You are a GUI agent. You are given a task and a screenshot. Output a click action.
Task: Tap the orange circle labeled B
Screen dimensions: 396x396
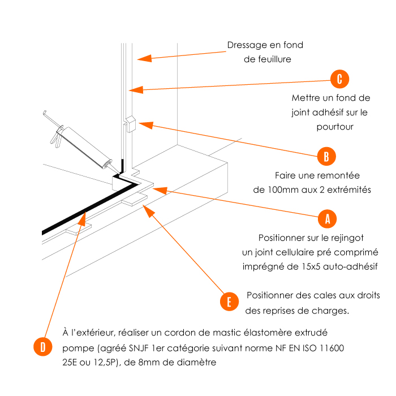pyautogui.click(x=326, y=156)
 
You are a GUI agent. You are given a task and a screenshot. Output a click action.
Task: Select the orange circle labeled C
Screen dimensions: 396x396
pyautogui.click(x=339, y=79)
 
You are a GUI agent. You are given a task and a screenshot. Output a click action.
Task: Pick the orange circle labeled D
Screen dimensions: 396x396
pyautogui.click(x=42, y=346)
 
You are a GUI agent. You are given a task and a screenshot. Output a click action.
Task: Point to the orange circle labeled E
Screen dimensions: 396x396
pyautogui.click(x=229, y=302)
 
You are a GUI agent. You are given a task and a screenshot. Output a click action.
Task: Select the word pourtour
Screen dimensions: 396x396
pyautogui.click(x=335, y=127)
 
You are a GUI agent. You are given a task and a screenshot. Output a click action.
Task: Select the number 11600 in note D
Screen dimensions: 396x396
pyautogui.click(x=331, y=347)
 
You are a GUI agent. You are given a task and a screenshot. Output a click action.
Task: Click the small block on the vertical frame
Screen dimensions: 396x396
pyautogui.click(x=129, y=123)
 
